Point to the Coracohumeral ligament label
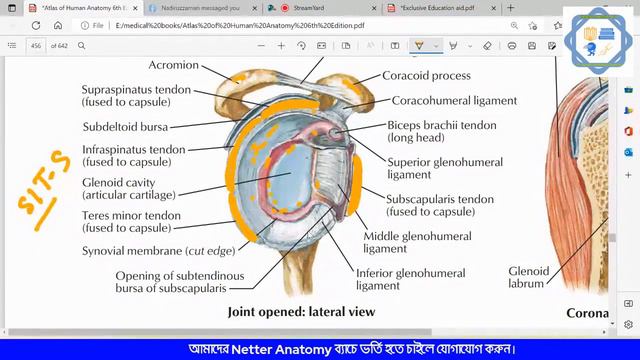tap(454, 100)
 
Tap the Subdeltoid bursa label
tap(125, 127)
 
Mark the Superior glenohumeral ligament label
tap(431, 167)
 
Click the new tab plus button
tap(511, 8)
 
